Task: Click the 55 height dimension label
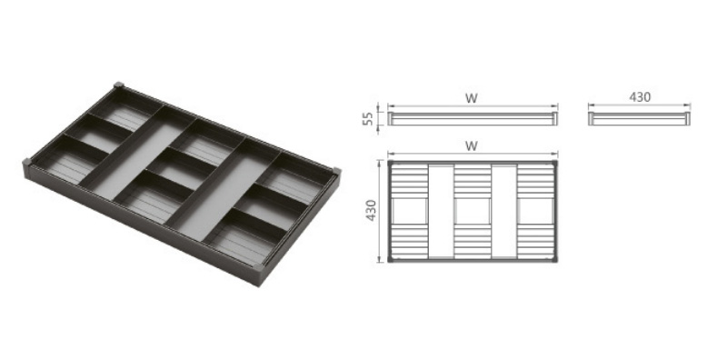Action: [368, 118]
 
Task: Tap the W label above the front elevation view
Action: [472, 98]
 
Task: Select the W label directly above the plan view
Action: [472, 146]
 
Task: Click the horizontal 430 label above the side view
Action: [640, 97]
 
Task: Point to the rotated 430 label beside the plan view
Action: [371, 210]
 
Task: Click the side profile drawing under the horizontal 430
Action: [640, 118]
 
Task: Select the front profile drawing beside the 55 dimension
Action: [473, 118]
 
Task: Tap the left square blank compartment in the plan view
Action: [410, 211]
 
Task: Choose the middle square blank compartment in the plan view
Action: [473, 211]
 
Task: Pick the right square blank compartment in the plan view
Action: [535, 211]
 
